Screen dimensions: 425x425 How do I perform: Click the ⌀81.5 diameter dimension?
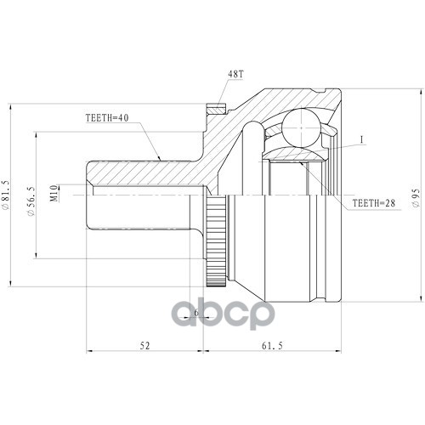coord(8,195)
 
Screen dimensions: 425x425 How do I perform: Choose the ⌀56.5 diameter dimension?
coord(30,195)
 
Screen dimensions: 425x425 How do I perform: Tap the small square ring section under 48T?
coord(216,109)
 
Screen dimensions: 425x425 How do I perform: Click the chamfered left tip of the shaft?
coord(90,195)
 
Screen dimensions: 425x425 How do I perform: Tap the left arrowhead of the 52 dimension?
coord(90,351)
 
